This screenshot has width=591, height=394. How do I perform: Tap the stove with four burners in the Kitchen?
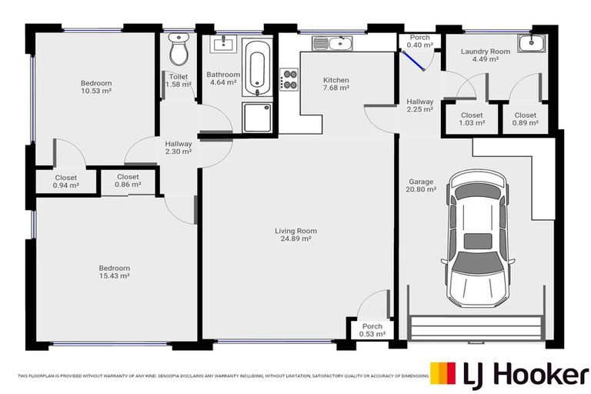[x=290, y=80]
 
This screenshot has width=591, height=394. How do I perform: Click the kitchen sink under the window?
[x=336, y=43]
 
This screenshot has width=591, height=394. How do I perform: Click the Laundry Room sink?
[x=529, y=43]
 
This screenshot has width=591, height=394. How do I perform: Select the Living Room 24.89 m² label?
[x=296, y=235]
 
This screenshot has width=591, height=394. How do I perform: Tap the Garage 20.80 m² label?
[x=422, y=185]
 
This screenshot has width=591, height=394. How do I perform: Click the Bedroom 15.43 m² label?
[x=114, y=272]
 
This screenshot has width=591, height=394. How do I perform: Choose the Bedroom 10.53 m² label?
[x=96, y=87]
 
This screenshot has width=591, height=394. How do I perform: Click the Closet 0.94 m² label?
[x=65, y=182]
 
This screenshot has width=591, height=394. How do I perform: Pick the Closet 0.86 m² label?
[x=128, y=181]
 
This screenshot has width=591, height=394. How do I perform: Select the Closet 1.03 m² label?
[x=472, y=119]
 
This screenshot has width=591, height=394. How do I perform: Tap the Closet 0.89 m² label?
[x=525, y=119]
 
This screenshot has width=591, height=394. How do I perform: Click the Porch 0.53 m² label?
[x=372, y=330]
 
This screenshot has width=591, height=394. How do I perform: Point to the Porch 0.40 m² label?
[x=419, y=41]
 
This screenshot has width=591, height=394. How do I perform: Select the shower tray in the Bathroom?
[x=256, y=117]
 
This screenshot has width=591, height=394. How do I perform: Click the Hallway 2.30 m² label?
[x=179, y=148]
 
